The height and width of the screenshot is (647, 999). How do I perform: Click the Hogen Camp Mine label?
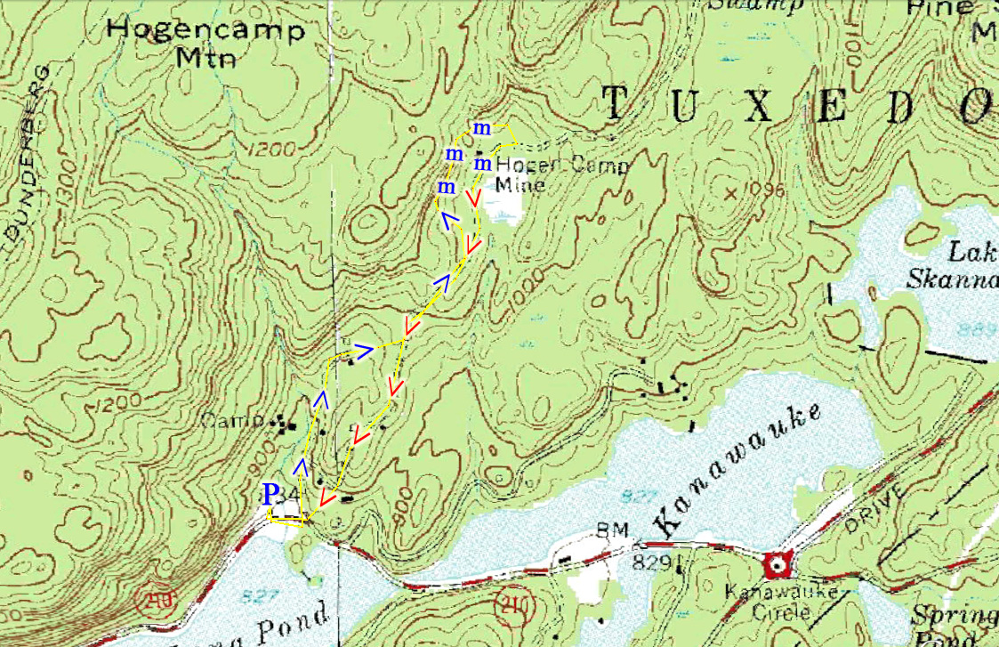click(560, 174)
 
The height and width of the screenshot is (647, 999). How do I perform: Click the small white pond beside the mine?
click(504, 212)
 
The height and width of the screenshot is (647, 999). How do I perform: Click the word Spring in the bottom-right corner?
click(954, 617)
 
